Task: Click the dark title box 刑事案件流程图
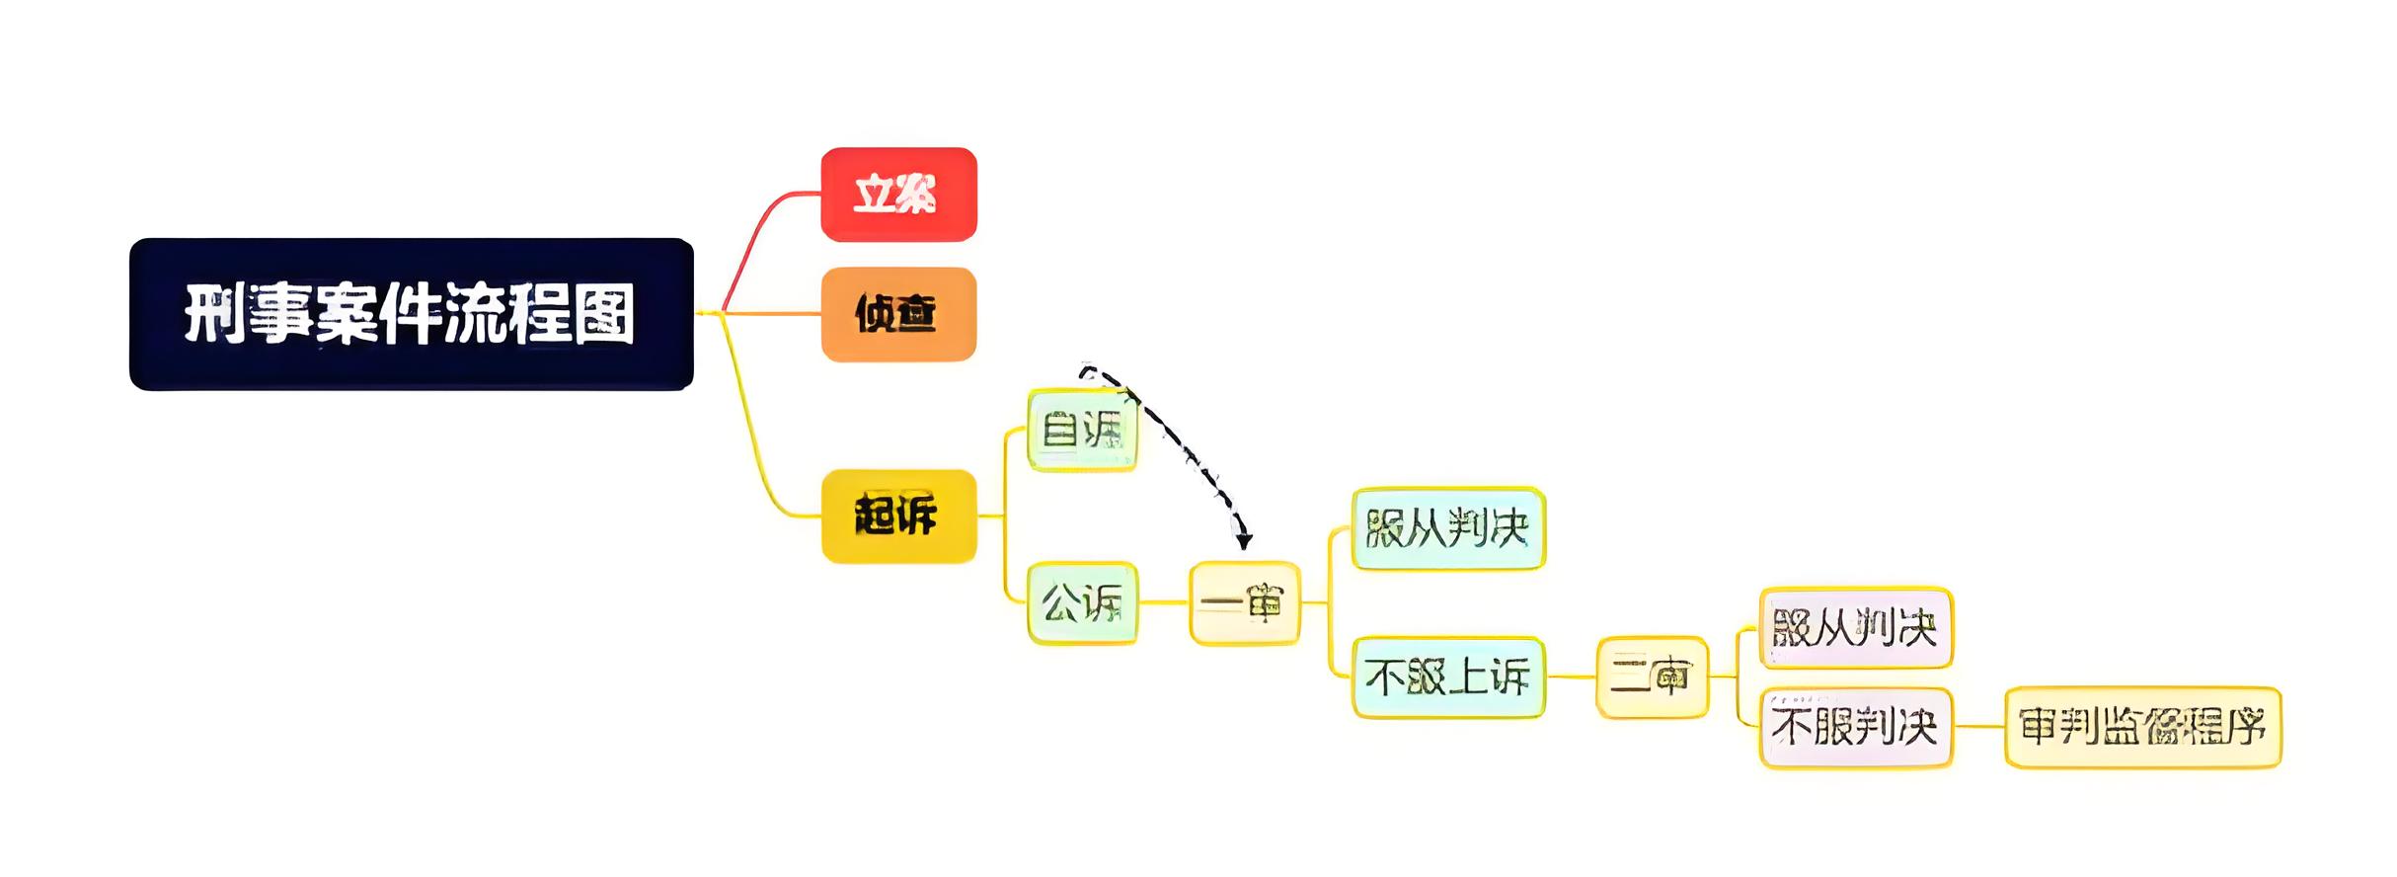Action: (411, 314)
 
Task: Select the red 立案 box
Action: (898, 195)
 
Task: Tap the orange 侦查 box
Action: (898, 314)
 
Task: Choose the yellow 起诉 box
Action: (898, 517)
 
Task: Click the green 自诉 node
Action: (1082, 431)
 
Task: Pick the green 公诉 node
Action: (1082, 602)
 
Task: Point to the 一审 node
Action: (1244, 602)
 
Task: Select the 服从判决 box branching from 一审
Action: (1447, 528)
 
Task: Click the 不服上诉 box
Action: (1447, 678)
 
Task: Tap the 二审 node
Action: (1652, 678)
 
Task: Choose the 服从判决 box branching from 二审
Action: (1855, 627)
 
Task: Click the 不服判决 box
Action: (1855, 728)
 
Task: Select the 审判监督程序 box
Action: (2142, 728)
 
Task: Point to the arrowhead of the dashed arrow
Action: (1245, 540)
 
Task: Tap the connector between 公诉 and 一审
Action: (1163, 602)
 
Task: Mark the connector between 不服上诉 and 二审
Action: (1571, 678)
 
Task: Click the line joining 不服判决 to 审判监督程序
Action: (1978, 728)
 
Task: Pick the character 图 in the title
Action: (604, 314)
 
